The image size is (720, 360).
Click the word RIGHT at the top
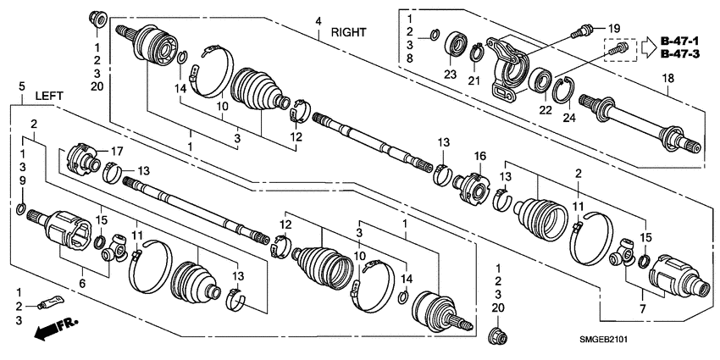pos(348,32)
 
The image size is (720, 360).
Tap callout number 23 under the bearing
pos(450,75)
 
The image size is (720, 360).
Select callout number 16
pos(479,156)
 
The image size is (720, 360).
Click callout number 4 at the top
pos(318,20)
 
